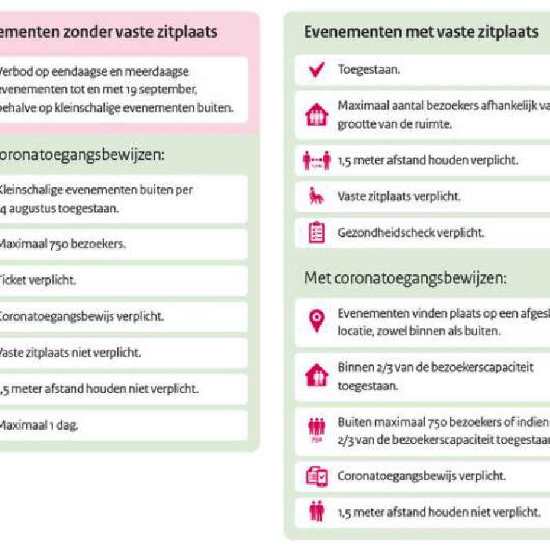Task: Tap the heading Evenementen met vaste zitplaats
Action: (421, 32)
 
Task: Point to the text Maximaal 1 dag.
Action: (38, 425)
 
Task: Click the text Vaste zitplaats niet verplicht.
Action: (68, 353)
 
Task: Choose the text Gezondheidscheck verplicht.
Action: (410, 233)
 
